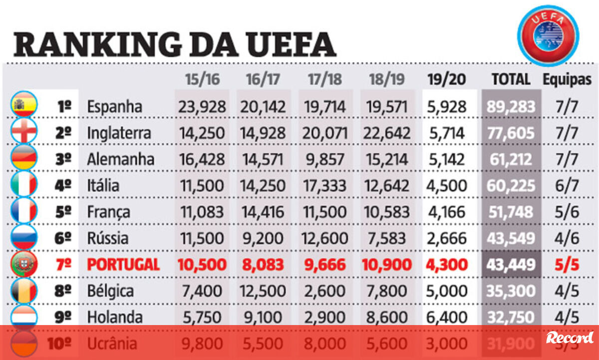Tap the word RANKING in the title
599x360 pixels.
tap(97, 44)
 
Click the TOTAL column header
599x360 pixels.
tap(511, 79)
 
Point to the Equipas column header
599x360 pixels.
tap(567, 79)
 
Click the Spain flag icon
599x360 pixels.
tap(24, 105)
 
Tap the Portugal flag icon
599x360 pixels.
tap(24, 264)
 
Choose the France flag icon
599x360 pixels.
tap(24, 211)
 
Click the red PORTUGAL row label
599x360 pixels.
tap(123, 265)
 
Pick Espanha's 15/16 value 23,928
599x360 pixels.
tap(202, 106)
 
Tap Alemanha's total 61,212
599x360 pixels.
tap(511, 159)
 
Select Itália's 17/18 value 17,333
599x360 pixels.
tap(324, 186)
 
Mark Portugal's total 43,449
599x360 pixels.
tap(511, 265)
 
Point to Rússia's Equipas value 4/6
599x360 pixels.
tap(567, 238)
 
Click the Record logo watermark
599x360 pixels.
tap(570, 338)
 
